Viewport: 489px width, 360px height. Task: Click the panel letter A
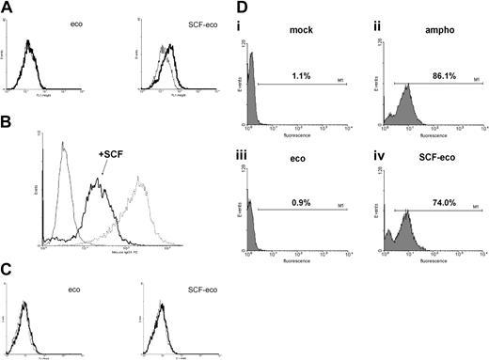(8, 8)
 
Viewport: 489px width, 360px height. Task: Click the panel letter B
(8, 121)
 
